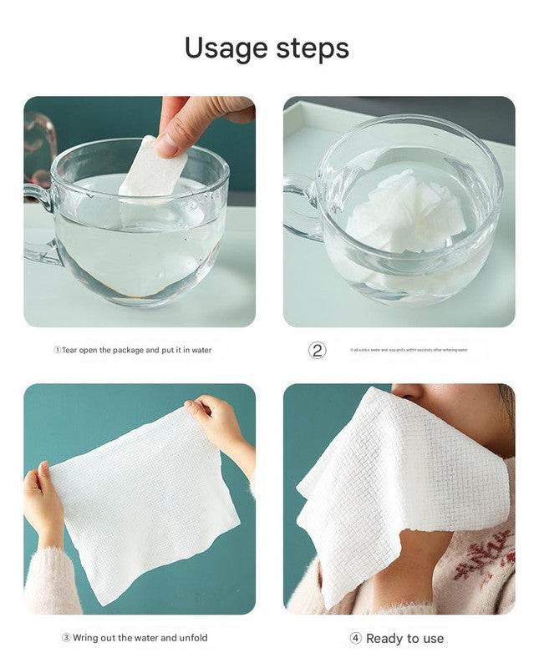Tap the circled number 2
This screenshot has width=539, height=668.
[x=318, y=350]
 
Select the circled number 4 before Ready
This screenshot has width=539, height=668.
[x=355, y=639]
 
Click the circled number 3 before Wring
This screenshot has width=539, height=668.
[x=65, y=638]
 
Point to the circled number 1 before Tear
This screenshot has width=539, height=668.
[x=58, y=350]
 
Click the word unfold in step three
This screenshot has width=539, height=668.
[x=194, y=638]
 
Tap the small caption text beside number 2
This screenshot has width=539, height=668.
[x=409, y=350]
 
